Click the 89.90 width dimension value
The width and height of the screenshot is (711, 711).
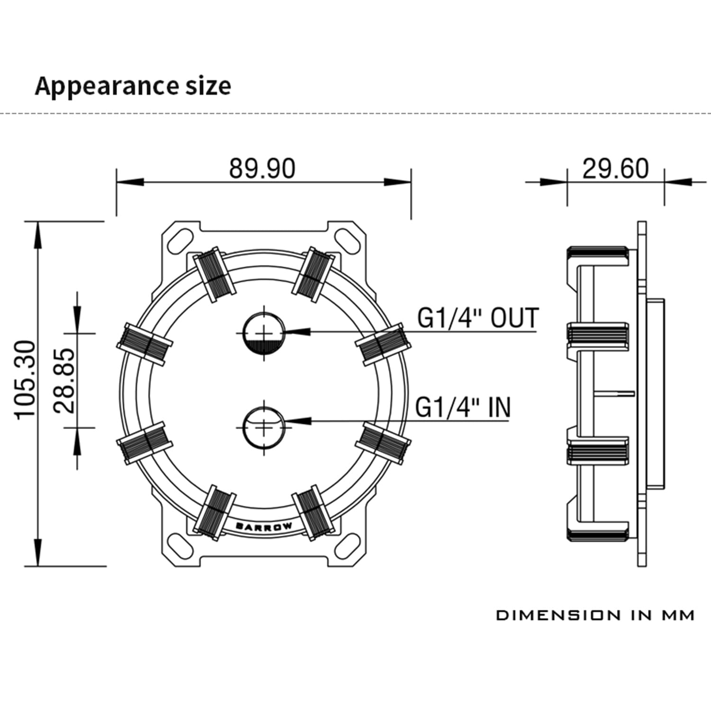[x=262, y=168]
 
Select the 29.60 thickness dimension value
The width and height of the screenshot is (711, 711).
[x=615, y=168]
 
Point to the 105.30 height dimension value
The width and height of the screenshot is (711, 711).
[x=26, y=380]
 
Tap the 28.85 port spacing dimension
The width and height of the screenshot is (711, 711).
[x=64, y=381]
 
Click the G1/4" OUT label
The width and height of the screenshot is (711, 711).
[x=478, y=318]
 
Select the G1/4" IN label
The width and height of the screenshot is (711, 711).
[x=463, y=407]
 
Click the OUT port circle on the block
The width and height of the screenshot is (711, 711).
[x=264, y=333]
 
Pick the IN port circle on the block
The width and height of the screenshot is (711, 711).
[x=264, y=427]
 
